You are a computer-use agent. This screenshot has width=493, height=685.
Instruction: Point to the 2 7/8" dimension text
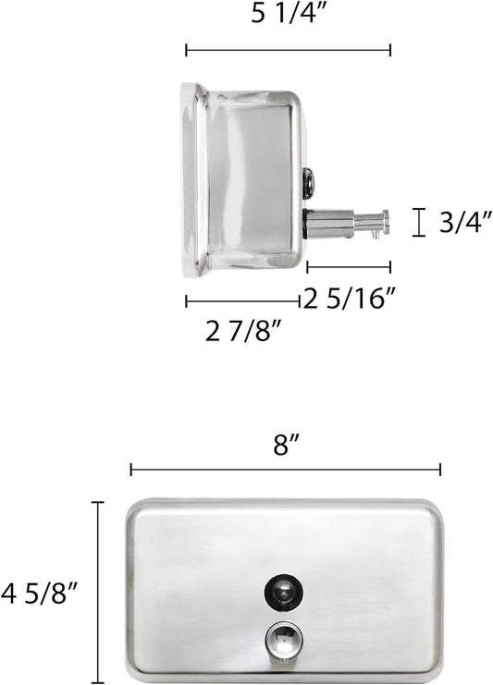(243, 330)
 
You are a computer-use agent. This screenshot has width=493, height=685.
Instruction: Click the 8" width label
(285, 445)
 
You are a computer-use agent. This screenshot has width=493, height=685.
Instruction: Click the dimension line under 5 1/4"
(288, 50)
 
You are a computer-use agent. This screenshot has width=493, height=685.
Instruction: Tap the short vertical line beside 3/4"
(419, 222)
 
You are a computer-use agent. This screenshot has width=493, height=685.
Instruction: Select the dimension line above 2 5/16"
(348, 267)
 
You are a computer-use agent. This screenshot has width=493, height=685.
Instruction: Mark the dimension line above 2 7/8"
(242, 300)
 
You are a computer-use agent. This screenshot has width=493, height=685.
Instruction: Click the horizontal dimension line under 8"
(285, 470)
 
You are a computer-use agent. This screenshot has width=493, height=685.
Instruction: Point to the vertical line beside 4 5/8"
(98, 588)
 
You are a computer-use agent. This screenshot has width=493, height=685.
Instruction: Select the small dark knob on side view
(308, 182)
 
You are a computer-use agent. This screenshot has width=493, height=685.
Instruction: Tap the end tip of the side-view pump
(385, 222)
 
